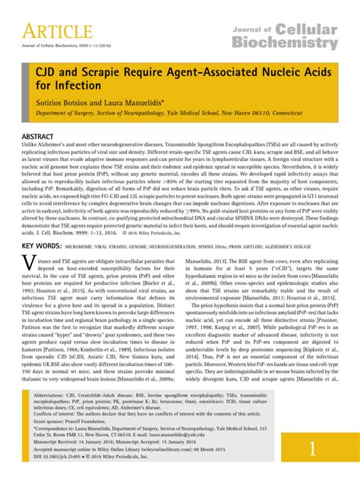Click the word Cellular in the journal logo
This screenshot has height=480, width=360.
click(x=303, y=31)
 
